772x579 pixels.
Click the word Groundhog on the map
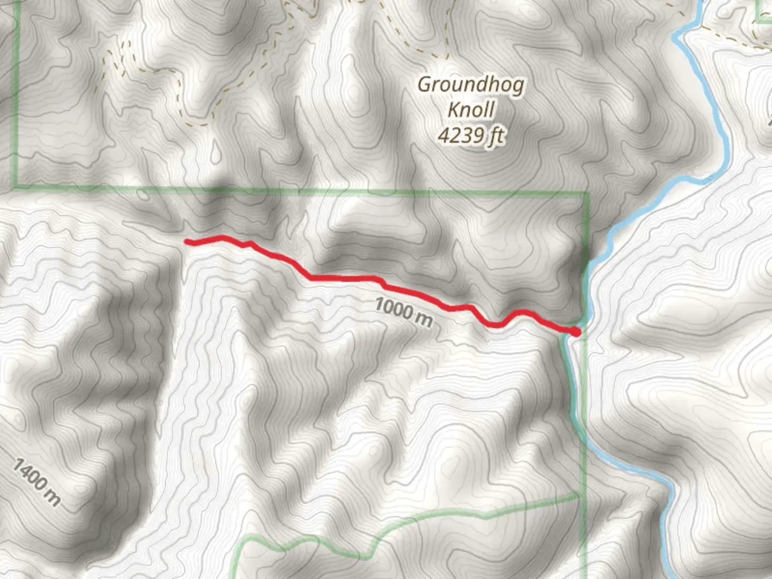tap(471, 85)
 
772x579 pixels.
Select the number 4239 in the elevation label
tap(460, 135)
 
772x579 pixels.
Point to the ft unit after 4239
tap(495, 136)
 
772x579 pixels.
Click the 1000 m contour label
tap(403, 311)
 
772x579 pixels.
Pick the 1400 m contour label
tap(36, 482)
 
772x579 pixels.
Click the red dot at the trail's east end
tap(575, 332)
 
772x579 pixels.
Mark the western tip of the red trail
tap(187, 242)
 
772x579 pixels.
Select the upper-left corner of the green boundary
tap(17, 186)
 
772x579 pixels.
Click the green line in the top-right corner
tap(761, 20)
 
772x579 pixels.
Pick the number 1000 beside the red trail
tap(392, 307)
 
